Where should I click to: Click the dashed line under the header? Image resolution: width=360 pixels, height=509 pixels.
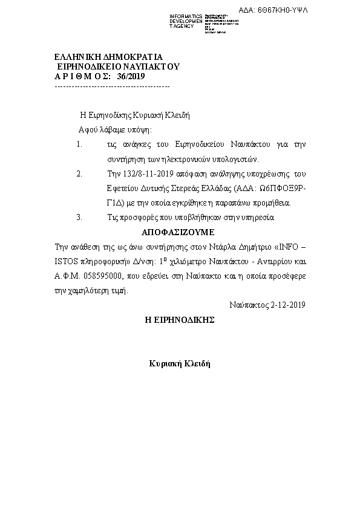(112, 86)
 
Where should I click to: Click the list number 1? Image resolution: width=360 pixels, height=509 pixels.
(79, 144)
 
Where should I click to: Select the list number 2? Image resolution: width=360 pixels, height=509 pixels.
(79, 173)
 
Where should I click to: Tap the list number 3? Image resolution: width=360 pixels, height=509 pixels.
(79, 216)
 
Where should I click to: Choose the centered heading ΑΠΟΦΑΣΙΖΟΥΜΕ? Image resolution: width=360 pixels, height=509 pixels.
(178, 232)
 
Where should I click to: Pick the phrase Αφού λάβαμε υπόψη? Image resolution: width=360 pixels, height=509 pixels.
(115, 130)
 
